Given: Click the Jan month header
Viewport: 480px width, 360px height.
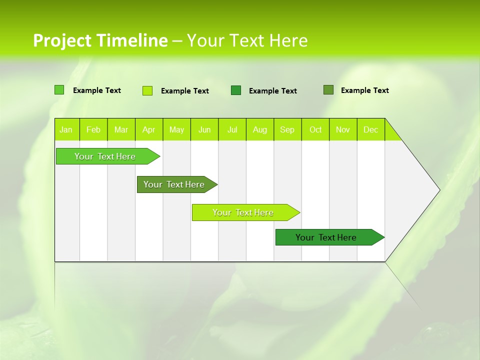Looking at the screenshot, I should [66, 129].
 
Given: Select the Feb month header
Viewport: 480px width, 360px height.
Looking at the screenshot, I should [93, 129].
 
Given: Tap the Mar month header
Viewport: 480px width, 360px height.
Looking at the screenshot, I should [121, 129].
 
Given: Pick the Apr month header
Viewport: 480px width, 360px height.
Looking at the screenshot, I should [149, 129].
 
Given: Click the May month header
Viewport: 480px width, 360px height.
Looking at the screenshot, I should [176, 129].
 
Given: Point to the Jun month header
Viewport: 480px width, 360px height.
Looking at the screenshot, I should [204, 129].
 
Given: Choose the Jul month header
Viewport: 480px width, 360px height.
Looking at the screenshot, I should [232, 129].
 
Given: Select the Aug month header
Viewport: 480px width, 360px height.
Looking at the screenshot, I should [260, 129].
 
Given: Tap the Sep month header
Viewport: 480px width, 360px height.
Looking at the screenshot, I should [287, 129].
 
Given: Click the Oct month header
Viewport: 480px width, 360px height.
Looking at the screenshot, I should [315, 129].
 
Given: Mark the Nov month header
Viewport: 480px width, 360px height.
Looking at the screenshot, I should [343, 129].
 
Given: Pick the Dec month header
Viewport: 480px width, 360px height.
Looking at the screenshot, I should [371, 129].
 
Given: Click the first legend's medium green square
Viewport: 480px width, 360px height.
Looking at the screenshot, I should [59, 90].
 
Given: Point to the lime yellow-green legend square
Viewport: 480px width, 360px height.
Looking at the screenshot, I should [147, 90].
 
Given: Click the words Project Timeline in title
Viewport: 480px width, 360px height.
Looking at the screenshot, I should [100, 40].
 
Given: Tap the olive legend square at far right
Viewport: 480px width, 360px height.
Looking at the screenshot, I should [328, 90].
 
